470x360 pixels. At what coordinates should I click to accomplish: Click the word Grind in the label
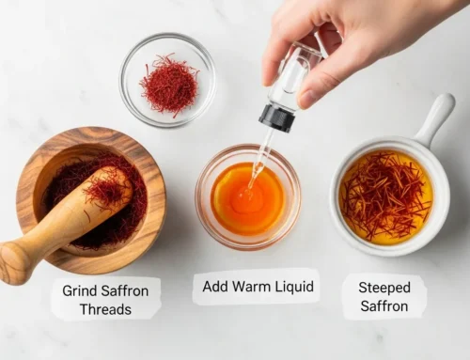point(82,290)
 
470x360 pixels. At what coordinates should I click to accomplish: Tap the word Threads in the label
point(104,309)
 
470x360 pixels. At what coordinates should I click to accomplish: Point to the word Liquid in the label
point(293,285)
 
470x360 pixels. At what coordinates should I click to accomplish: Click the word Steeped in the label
point(384,287)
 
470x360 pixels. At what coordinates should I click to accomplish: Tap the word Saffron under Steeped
point(384,306)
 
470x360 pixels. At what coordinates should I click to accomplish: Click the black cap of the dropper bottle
point(277,117)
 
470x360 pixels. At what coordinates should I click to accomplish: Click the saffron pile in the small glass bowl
point(169,83)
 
